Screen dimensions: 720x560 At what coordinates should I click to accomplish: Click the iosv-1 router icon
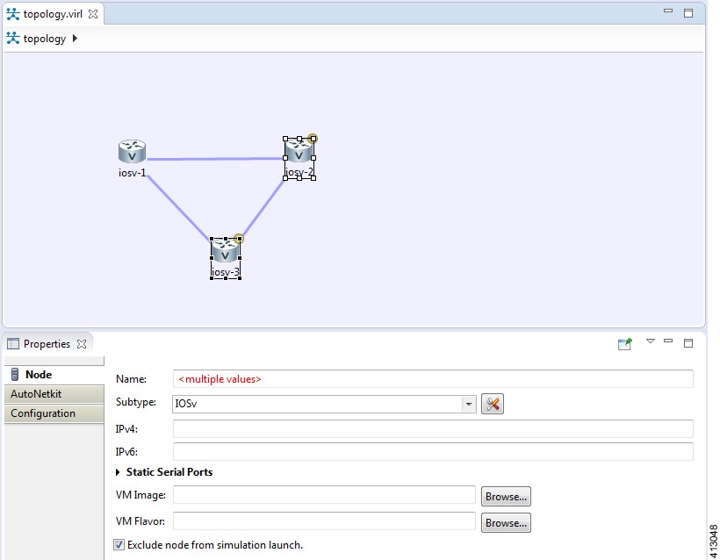132,152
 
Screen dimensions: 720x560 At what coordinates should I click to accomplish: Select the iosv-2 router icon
299,152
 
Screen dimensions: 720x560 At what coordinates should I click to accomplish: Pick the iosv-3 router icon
225,252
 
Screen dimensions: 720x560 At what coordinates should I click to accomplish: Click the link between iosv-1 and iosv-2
215,159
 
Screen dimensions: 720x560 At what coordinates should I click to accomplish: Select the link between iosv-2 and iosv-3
262,210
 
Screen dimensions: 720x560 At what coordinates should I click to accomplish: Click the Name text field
433,379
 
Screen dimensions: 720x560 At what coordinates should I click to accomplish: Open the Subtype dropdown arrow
470,405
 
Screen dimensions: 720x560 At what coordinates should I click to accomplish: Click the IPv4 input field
433,429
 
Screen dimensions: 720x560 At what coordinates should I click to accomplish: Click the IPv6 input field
433,452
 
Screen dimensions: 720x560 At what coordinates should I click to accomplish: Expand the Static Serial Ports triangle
119,473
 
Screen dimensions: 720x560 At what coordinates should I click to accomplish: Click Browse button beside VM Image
506,497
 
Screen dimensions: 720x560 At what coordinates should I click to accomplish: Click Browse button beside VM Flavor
506,523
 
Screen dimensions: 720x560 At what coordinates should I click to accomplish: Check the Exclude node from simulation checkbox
119,545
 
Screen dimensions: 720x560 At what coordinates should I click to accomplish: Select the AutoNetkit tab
36,394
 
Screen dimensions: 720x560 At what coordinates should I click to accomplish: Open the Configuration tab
43,413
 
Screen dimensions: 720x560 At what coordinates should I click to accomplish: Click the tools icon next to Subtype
493,404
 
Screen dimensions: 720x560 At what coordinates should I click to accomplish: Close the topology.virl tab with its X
93,14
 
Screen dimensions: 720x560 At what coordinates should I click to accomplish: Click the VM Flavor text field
324,522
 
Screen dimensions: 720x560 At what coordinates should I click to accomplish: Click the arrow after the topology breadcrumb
75,39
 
